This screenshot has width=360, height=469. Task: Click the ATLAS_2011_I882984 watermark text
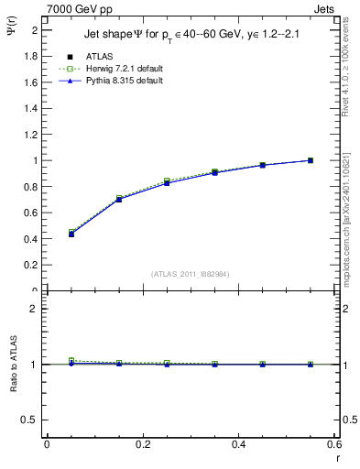tap(191, 273)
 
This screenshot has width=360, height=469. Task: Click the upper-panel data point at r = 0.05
tap(71, 234)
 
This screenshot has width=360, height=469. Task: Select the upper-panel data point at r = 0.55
tap(311, 160)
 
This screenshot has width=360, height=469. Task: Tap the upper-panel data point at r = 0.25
tap(167, 182)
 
